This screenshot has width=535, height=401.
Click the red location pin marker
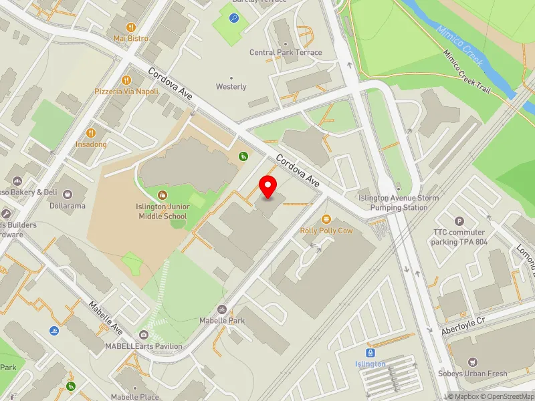[268, 186]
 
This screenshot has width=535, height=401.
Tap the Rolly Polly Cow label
[326, 231]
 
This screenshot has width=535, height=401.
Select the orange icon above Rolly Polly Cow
[326, 219]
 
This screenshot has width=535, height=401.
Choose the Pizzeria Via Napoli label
[126, 91]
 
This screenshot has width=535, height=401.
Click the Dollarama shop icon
[68, 193]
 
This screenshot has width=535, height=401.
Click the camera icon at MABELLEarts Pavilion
[143, 335]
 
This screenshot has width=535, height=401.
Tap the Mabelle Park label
[222, 321]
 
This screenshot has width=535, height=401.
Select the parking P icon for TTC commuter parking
[459, 221]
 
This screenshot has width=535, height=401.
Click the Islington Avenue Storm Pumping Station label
[399, 203]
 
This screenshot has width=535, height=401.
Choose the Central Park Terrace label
[286, 52]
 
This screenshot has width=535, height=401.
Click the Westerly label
[231, 87]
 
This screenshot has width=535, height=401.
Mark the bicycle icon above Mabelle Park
[222, 309]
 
